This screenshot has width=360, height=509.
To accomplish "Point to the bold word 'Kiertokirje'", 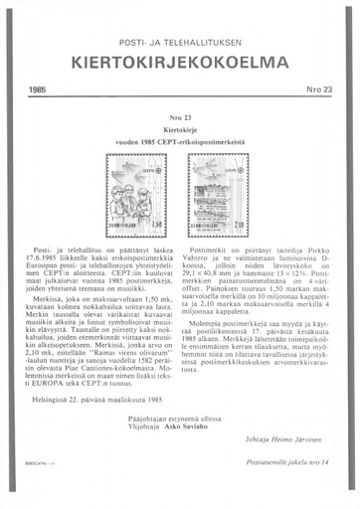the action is [180, 130].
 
